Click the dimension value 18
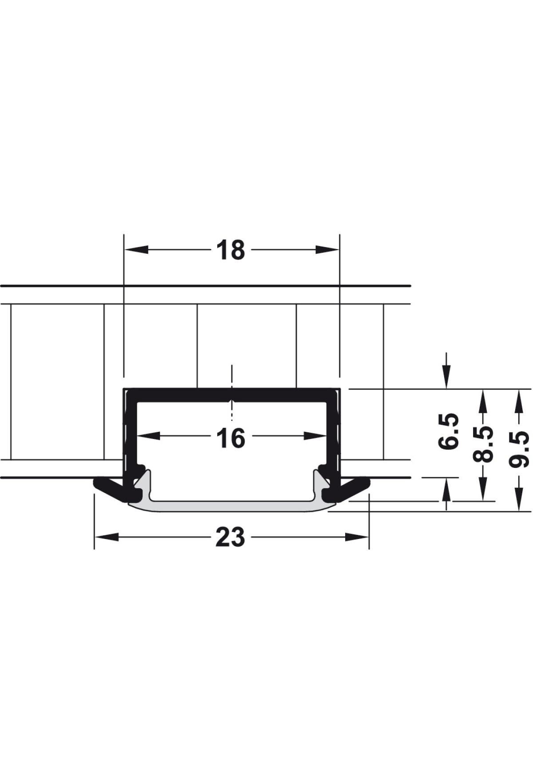click(x=231, y=250)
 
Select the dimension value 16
click(x=231, y=438)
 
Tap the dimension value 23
click(x=230, y=537)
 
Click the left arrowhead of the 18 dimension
click(x=136, y=250)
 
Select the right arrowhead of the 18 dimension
click(x=327, y=250)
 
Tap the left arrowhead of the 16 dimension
click(x=148, y=436)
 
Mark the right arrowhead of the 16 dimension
click(x=315, y=436)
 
